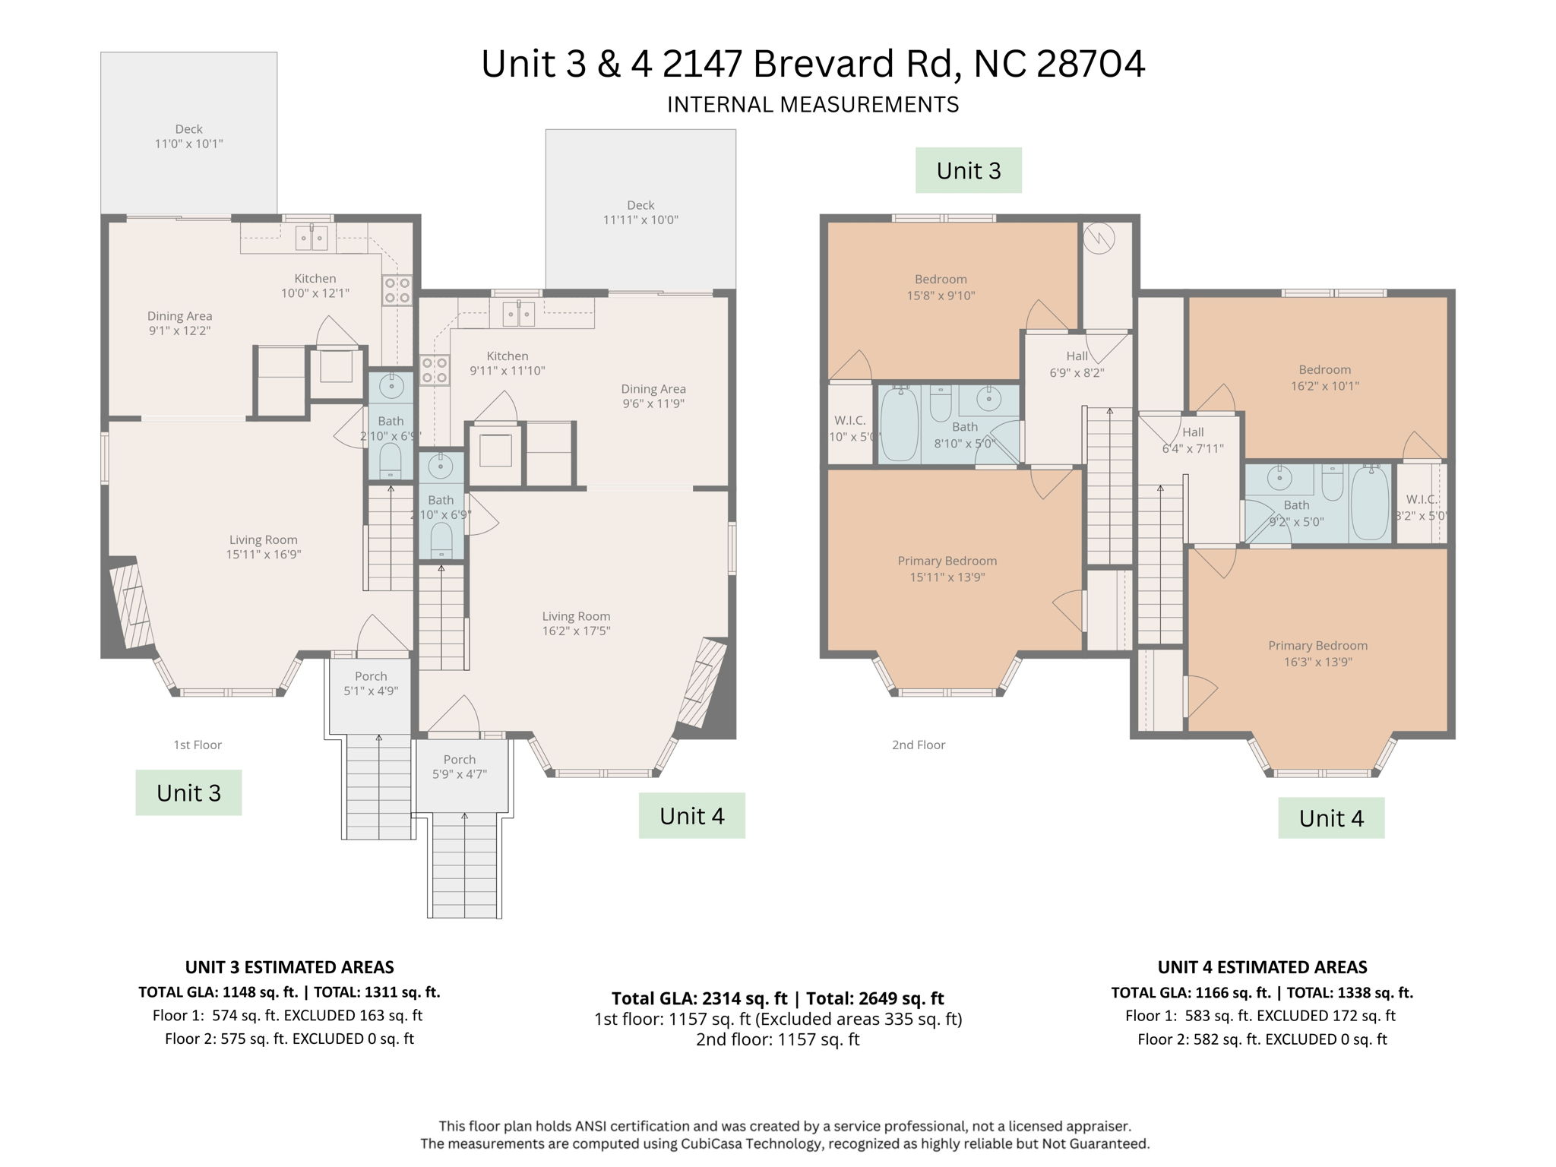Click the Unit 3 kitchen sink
[x=312, y=238]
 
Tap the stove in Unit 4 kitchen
[x=435, y=370]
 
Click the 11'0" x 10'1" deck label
[x=188, y=137]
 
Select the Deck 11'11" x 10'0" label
[x=640, y=213]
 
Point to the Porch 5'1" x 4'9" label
[x=371, y=684]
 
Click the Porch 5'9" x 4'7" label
[x=460, y=767]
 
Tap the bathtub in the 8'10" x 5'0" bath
[x=900, y=423]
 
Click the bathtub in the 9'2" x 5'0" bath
[x=1370, y=502]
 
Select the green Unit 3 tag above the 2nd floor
[x=968, y=170]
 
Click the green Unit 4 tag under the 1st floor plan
[x=691, y=816]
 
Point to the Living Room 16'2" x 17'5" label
[x=576, y=624]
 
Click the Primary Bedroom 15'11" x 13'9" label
[x=947, y=569]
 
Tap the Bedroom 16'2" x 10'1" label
[x=1324, y=378]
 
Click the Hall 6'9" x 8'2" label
[x=1077, y=365]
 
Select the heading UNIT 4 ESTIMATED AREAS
[x=1262, y=967]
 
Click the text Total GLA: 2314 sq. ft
[x=699, y=998]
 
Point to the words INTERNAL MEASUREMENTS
[x=813, y=105]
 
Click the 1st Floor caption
[x=198, y=745]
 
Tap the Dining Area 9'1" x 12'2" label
[x=179, y=323]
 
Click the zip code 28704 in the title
[x=1090, y=64]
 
